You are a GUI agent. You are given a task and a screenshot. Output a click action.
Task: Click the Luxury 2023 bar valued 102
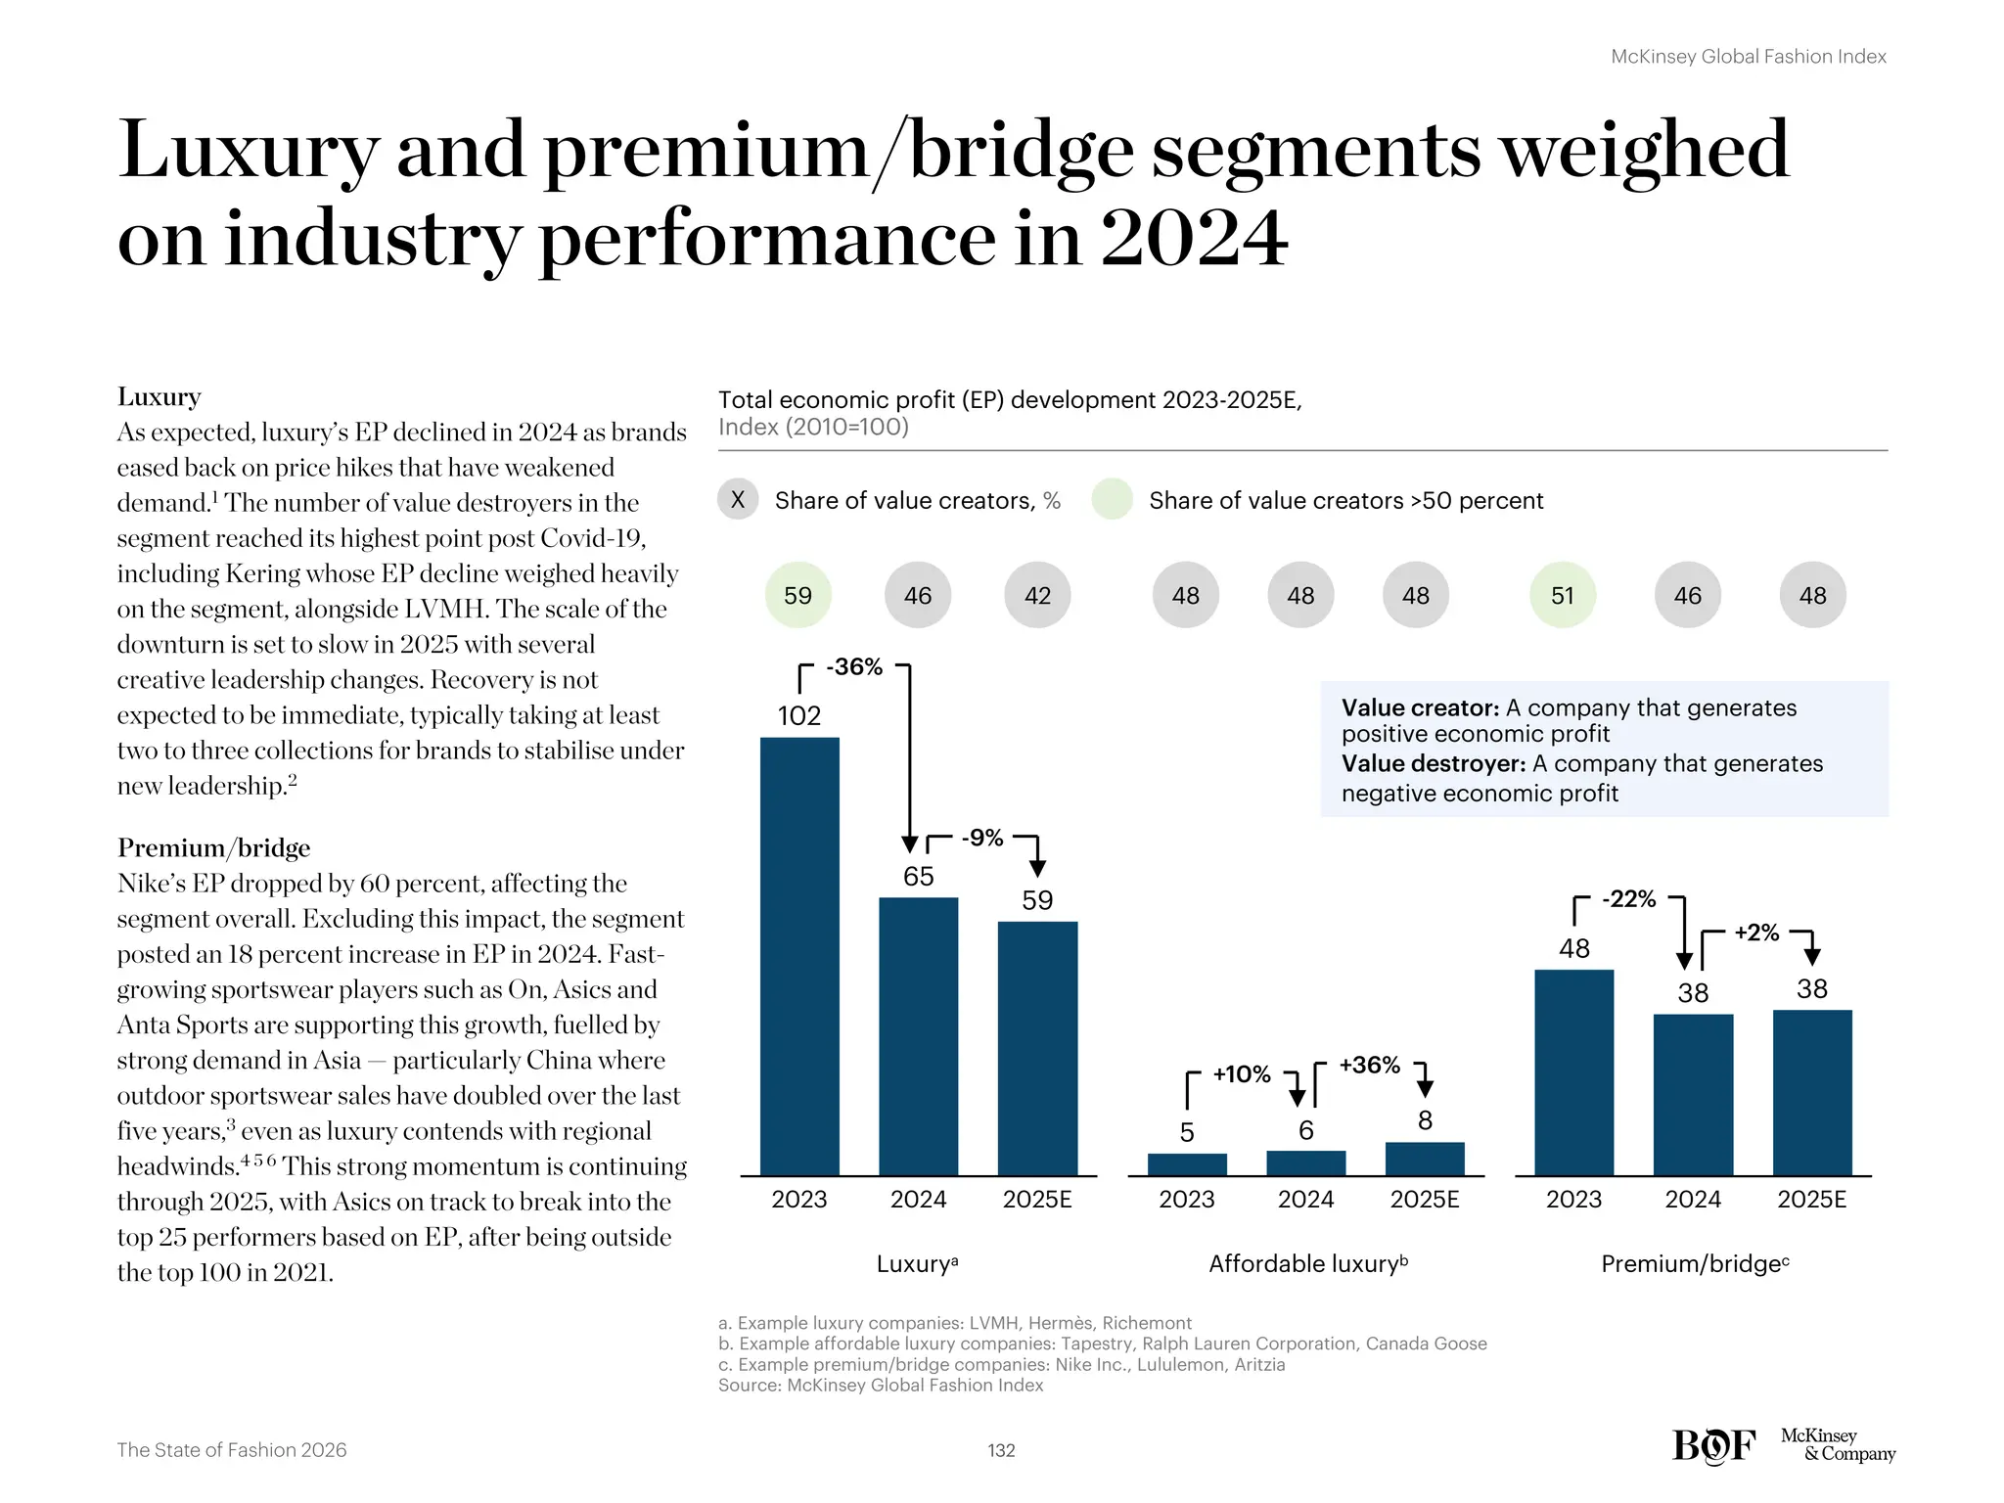[x=799, y=956]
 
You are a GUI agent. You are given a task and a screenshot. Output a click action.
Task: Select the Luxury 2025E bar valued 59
[x=1037, y=1048]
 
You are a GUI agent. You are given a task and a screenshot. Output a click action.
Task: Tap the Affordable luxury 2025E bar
[x=1425, y=1159]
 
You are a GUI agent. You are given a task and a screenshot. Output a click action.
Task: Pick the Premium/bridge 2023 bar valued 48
[x=1573, y=1072]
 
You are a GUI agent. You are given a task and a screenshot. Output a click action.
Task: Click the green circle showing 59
[x=797, y=595]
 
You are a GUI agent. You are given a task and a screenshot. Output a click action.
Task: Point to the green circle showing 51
[x=1563, y=595]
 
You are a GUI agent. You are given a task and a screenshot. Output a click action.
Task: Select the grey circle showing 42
[x=1037, y=595]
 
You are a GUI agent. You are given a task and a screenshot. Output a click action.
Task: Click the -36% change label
[x=854, y=667]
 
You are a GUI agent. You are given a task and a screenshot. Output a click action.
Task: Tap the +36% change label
[x=1369, y=1065]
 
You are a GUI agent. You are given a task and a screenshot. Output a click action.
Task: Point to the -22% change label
[x=1628, y=899]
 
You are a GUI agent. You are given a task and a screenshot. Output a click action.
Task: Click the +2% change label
[x=1756, y=933]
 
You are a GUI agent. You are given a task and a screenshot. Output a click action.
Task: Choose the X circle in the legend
[x=738, y=500]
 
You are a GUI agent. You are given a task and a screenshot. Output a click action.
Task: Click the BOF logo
[x=1713, y=1445]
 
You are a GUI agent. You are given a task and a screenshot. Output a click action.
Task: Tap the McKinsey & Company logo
[x=1837, y=1444]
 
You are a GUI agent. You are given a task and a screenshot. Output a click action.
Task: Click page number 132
[x=1001, y=1450]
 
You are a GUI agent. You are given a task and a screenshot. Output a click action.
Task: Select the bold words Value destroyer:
[x=1433, y=763]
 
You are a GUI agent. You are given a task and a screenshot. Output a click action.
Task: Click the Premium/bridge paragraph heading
[x=213, y=847]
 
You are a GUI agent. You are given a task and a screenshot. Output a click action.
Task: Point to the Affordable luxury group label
[x=1307, y=1264]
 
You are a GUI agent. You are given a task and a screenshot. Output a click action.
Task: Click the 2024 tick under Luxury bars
[x=918, y=1200]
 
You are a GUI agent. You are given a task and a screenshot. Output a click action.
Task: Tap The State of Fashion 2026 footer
[x=232, y=1450]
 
